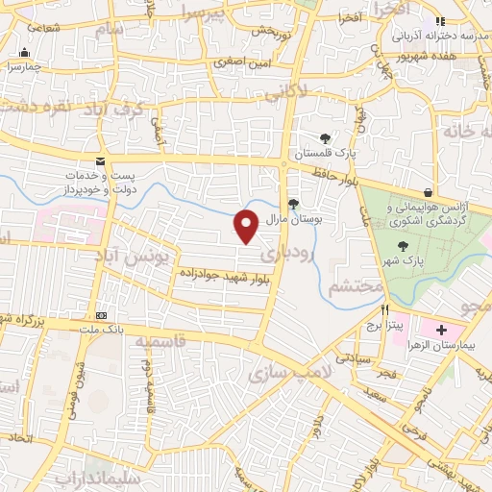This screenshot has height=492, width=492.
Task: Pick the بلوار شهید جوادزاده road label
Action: [223, 274]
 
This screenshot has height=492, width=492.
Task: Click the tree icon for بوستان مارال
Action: [293, 203]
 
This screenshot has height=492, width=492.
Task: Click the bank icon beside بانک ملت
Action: [101, 316]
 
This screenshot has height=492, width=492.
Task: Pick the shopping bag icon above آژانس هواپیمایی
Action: [427, 192]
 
